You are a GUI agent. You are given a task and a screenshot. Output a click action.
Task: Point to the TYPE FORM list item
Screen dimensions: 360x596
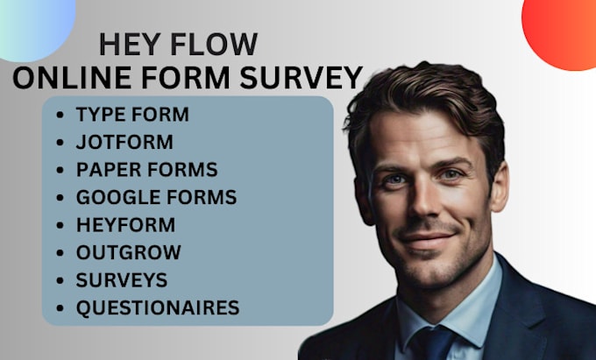132,115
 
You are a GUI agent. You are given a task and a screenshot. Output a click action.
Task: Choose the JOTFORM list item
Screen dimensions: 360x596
124,142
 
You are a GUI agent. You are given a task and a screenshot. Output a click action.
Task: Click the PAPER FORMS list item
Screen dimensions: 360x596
146,169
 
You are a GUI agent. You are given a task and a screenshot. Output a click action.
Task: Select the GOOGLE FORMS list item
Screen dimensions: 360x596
156,197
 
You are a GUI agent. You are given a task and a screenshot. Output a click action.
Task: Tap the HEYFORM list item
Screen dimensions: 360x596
125,224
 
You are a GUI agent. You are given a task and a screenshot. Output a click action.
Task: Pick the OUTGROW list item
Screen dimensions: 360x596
128,252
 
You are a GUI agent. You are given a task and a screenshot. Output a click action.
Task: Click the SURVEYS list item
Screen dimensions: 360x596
121,280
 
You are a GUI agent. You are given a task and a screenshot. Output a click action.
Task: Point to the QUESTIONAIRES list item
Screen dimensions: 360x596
157,307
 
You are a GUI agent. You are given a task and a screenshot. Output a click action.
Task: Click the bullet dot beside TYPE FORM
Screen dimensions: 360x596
59,116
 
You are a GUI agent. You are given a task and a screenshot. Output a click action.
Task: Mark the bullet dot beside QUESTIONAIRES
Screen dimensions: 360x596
59,308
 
